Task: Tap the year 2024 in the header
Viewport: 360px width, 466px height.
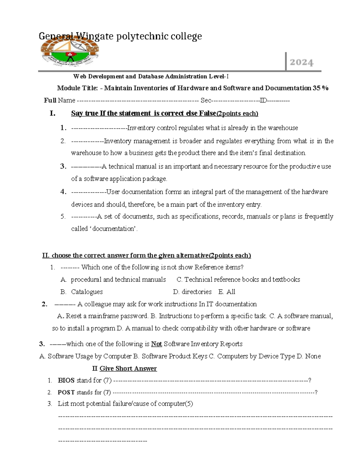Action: click(x=301, y=62)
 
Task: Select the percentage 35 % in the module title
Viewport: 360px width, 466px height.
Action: click(x=320, y=88)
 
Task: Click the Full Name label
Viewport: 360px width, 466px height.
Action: click(x=59, y=100)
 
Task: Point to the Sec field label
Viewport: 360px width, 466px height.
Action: click(x=206, y=100)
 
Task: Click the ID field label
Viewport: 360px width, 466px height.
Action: click(x=263, y=100)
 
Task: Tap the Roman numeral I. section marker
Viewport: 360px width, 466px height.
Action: click(x=52, y=113)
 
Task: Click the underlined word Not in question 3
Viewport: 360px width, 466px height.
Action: click(x=156, y=344)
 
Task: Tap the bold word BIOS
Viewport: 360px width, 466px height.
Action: click(x=66, y=380)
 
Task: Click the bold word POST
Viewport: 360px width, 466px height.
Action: click(x=66, y=392)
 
